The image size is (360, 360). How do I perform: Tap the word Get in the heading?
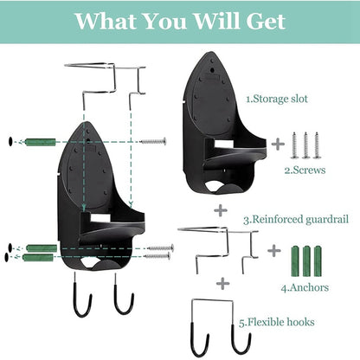pos(264,21)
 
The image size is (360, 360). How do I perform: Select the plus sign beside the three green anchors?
pos(274,250)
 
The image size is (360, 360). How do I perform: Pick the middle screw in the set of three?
pos(305,144)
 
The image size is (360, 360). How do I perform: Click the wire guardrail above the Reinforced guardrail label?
pos(217,242)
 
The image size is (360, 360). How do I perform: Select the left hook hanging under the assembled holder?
pos(83,297)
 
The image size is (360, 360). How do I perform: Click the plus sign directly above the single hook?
pos(222,283)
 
